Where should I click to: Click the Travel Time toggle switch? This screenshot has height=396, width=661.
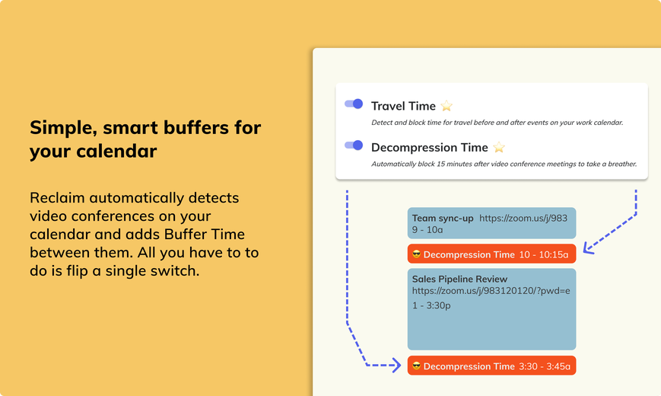(x=354, y=104)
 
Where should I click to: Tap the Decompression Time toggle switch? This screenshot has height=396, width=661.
(x=354, y=145)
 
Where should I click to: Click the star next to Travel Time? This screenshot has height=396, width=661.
(x=446, y=106)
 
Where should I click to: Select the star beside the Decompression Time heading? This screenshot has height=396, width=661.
(x=499, y=147)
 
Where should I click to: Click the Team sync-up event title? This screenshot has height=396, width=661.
(x=443, y=219)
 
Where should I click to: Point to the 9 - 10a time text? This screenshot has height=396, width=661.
(x=427, y=230)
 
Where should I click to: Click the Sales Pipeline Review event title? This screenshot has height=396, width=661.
(x=459, y=279)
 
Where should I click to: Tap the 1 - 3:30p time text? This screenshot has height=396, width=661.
(x=431, y=305)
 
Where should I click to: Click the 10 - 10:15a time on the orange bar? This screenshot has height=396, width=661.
(x=543, y=254)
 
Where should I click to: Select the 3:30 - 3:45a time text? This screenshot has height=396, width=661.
(x=544, y=366)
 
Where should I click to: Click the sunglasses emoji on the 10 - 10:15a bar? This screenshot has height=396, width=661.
(x=417, y=254)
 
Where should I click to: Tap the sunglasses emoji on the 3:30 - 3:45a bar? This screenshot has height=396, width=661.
(x=417, y=366)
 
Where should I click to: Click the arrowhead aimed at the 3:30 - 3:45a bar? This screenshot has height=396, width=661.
(x=397, y=366)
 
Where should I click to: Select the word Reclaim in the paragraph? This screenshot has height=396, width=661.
(x=57, y=197)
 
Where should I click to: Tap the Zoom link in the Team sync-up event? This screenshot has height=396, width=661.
(x=523, y=219)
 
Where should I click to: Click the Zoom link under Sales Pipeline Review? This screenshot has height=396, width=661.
(x=491, y=291)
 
